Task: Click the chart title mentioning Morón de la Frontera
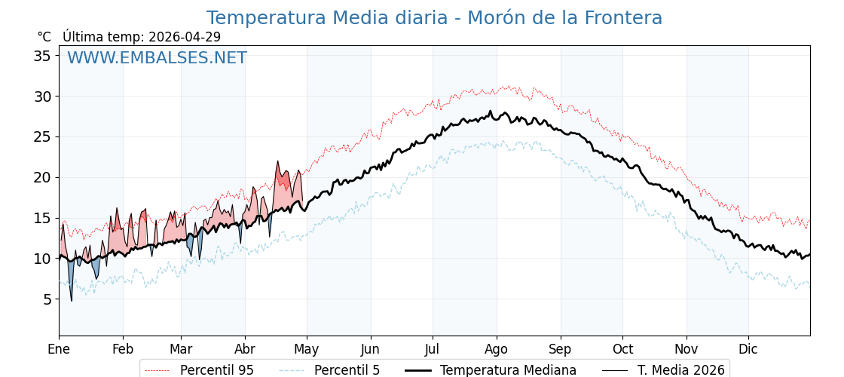(x=434, y=18)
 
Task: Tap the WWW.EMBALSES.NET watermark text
(x=157, y=58)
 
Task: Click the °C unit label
(x=44, y=37)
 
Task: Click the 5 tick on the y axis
(x=47, y=299)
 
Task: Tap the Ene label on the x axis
(x=59, y=349)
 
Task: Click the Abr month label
(x=245, y=349)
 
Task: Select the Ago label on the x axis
(x=496, y=349)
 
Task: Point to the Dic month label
(x=748, y=349)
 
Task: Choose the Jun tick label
(x=370, y=349)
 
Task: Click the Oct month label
(x=622, y=349)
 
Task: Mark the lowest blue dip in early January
(x=72, y=299)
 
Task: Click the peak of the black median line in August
(x=491, y=112)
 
